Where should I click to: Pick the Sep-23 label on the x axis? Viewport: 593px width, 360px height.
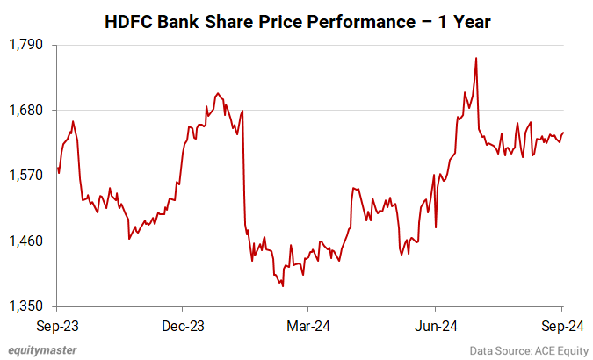(x=57, y=325)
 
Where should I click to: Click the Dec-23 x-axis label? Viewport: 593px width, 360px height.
(x=183, y=325)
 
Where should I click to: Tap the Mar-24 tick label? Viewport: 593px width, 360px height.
(x=308, y=325)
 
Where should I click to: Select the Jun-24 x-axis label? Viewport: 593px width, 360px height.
(x=436, y=325)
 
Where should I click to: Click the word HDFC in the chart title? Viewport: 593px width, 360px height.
(x=127, y=21)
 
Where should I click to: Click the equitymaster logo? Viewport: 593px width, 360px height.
(x=42, y=349)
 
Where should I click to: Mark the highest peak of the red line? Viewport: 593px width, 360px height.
(x=475, y=58)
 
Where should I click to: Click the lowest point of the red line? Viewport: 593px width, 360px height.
(x=283, y=285)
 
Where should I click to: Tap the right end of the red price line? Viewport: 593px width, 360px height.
(x=563, y=133)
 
